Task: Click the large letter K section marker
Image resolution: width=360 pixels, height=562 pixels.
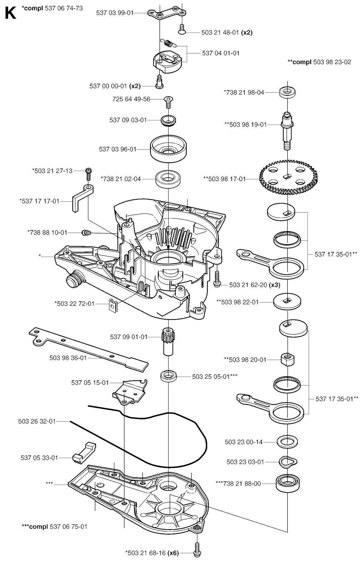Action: point(10,13)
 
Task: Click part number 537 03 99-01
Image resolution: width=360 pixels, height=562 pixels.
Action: point(115,13)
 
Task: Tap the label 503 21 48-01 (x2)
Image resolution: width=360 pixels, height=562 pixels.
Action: point(227,32)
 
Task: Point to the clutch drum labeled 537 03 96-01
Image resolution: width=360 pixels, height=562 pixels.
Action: point(168,149)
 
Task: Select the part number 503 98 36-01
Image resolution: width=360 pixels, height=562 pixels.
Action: point(68,358)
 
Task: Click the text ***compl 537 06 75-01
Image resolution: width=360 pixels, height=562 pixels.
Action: point(54,527)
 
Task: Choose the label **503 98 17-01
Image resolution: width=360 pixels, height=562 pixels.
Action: point(225,179)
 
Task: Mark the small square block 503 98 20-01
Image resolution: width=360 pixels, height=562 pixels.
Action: point(287,359)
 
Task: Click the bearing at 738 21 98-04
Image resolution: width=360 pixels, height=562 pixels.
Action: point(287,92)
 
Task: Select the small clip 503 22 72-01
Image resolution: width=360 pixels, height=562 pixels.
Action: point(111,304)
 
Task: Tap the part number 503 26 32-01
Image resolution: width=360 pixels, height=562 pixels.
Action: point(37,421)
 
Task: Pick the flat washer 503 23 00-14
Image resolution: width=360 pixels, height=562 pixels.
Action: point(288,441)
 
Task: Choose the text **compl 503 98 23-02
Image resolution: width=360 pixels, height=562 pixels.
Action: point(319,62)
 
